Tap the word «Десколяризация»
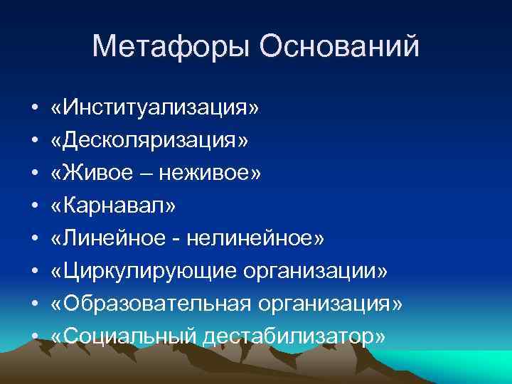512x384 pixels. click(x=150, y=141)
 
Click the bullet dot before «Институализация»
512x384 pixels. click(x=34, y=110)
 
